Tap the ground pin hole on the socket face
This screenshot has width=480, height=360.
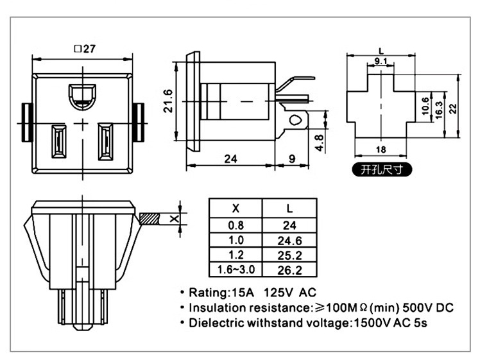[81, 96]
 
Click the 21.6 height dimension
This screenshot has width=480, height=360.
[168, 101]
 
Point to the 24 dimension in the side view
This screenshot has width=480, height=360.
[230, 158]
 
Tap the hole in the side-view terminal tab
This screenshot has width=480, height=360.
[295, 119]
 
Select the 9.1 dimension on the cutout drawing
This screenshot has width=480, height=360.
[380, 61]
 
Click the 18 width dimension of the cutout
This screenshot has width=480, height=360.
[380, 149]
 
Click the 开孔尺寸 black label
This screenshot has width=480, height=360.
[380, 170]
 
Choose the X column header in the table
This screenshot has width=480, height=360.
[236, 208]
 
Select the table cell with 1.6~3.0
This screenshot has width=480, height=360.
[236, 270]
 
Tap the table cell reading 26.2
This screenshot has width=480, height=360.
[290, 270]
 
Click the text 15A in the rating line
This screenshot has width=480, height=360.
[248, 293]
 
